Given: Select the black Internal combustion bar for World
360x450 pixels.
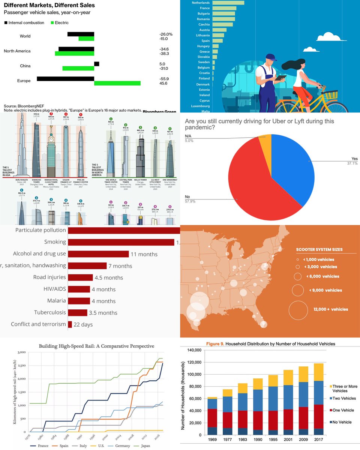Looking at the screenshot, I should pyautogui.click(x=81, y=34).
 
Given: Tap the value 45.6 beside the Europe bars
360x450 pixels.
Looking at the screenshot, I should pyautogui.click(x=163, y=83).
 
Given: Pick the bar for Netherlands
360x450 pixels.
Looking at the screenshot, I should pyautogui.click(x=228, y=3).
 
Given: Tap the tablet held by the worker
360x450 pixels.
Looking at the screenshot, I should pyautogui.click(x=280, y=78).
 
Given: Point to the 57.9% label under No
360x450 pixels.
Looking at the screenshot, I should pyautogui.click(x=189, y=201).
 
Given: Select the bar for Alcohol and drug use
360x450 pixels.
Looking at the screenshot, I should pyautogui.click(x=98, y=254).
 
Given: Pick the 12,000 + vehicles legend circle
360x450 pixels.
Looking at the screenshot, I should pyautogui.click(x=301, y=309).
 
